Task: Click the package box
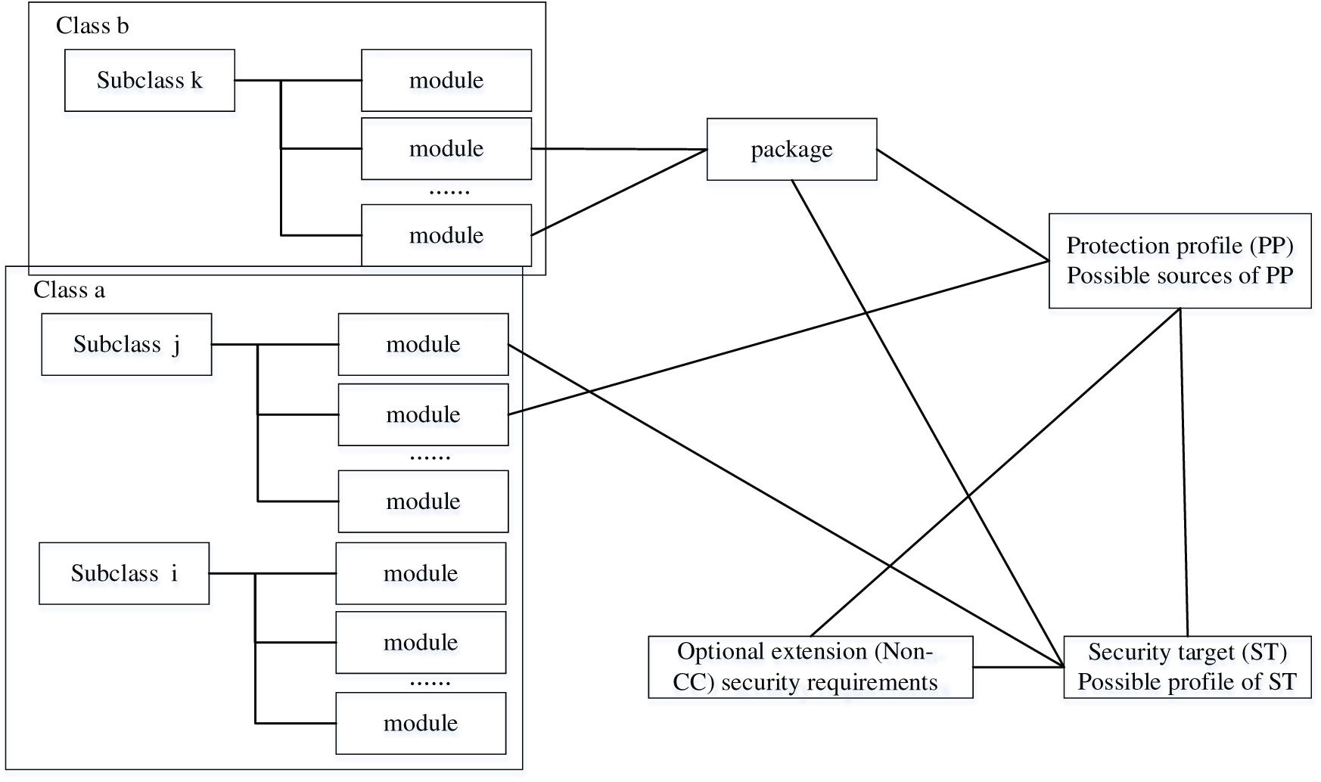click(x=791, y=149)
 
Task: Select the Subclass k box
click(x=149, y=80)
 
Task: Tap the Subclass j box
click(x=126, y=344)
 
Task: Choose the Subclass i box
click(x=124, y=573)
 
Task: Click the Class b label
click(x=92, y=26)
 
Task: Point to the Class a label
click(x=69, y=290)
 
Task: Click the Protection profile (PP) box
click(x=1179, y=260)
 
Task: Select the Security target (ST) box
click(x=1186, y=666)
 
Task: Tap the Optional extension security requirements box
click(x=810, y=666)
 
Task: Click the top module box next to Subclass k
click(x=446, y=80)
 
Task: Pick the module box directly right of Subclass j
click(x=422, y=344)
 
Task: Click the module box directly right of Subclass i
click(x=420, y=573)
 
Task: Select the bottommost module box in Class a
click(x=420, y=723)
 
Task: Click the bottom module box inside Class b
click(x=446, y=235)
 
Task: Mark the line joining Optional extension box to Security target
click(x=1018, y=667)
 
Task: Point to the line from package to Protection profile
click(x=962, y=205)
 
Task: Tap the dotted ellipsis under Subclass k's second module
click(x=449, y=192)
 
